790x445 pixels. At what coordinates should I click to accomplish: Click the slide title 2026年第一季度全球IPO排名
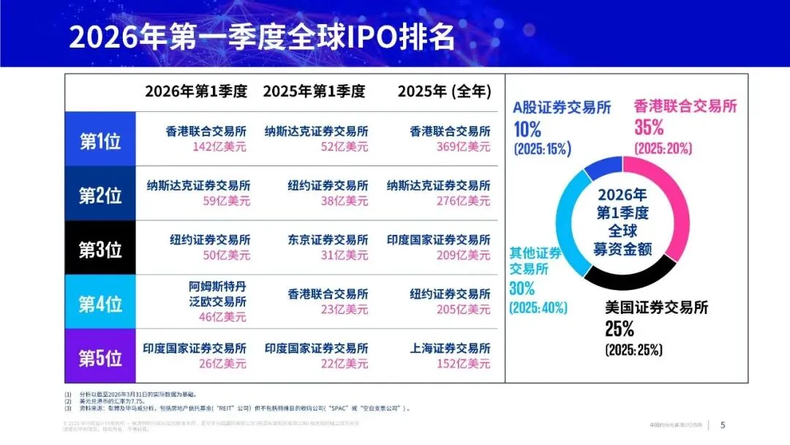[263, 36]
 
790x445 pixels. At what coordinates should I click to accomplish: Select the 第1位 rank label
[100, 141]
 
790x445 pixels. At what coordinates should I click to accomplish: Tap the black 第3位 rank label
[100, 250]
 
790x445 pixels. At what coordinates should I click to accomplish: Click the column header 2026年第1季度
[196, 91]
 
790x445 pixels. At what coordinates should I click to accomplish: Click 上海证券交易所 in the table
[450, 348]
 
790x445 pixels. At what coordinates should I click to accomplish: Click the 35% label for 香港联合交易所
[650, 128]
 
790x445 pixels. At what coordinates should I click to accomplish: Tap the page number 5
[723, 425]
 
